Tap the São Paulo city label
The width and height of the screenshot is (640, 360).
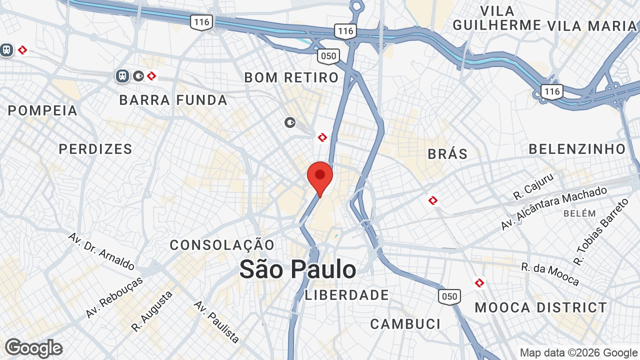[297, 269]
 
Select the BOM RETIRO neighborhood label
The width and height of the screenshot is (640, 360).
[291, 77]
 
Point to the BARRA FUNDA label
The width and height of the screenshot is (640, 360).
[173, 100]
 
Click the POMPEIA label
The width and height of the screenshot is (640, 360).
[43, 110]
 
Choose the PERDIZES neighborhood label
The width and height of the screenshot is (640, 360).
[95, 149]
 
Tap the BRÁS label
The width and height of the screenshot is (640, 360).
[447, 154]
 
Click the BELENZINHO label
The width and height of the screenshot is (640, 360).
[577, 149]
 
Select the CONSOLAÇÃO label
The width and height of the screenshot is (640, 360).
[222, 245]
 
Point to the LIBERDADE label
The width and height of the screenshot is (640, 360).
[347, 295]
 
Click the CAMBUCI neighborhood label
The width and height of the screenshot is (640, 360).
[405, 324]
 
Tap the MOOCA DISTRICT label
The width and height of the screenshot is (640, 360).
[541, 307]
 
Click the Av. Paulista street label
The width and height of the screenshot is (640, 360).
[216, 321]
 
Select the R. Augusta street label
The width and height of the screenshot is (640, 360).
[152, 311]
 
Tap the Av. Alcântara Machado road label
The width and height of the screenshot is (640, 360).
[553, 208]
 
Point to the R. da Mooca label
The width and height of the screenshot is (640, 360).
[550, 274]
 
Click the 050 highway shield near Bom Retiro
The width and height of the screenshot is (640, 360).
[328, 56]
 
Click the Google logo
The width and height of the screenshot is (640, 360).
[33, 348]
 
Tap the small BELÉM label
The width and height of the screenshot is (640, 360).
[579, 213]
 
